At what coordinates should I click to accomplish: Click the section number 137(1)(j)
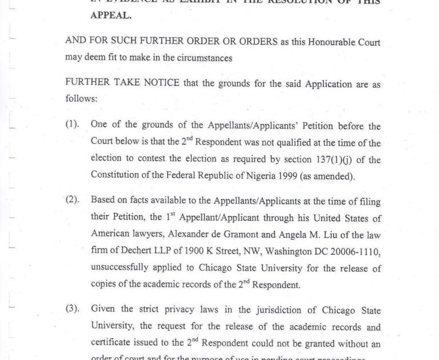[320, 159]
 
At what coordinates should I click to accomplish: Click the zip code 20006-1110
[356, 251]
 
